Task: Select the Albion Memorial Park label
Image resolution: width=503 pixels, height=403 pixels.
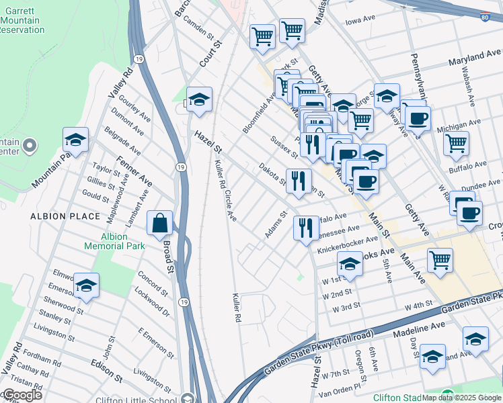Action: click(114, 241)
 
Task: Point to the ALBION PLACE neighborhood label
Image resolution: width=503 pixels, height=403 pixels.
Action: click(65, 216)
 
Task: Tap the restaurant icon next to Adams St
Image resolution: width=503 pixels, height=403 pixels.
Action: click(306, 229)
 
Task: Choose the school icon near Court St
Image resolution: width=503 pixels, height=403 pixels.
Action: click(199, 101)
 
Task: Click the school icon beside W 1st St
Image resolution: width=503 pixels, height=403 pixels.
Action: click(350, 265)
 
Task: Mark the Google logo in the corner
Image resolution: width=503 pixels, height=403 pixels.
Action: click(22, 395)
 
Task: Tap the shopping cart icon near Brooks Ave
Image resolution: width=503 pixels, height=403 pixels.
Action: click(440, 260)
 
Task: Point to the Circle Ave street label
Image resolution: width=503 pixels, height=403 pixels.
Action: click(231, 206)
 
